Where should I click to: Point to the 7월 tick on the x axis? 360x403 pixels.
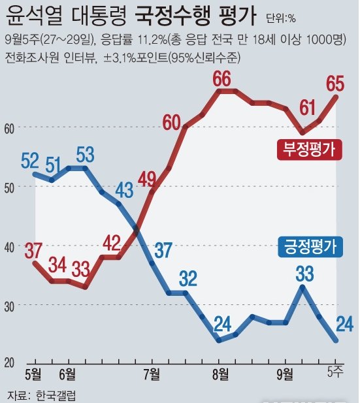(151, 374)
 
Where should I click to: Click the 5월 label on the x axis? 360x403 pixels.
(34, 374)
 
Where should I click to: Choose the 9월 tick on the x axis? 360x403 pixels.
(285, 374)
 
